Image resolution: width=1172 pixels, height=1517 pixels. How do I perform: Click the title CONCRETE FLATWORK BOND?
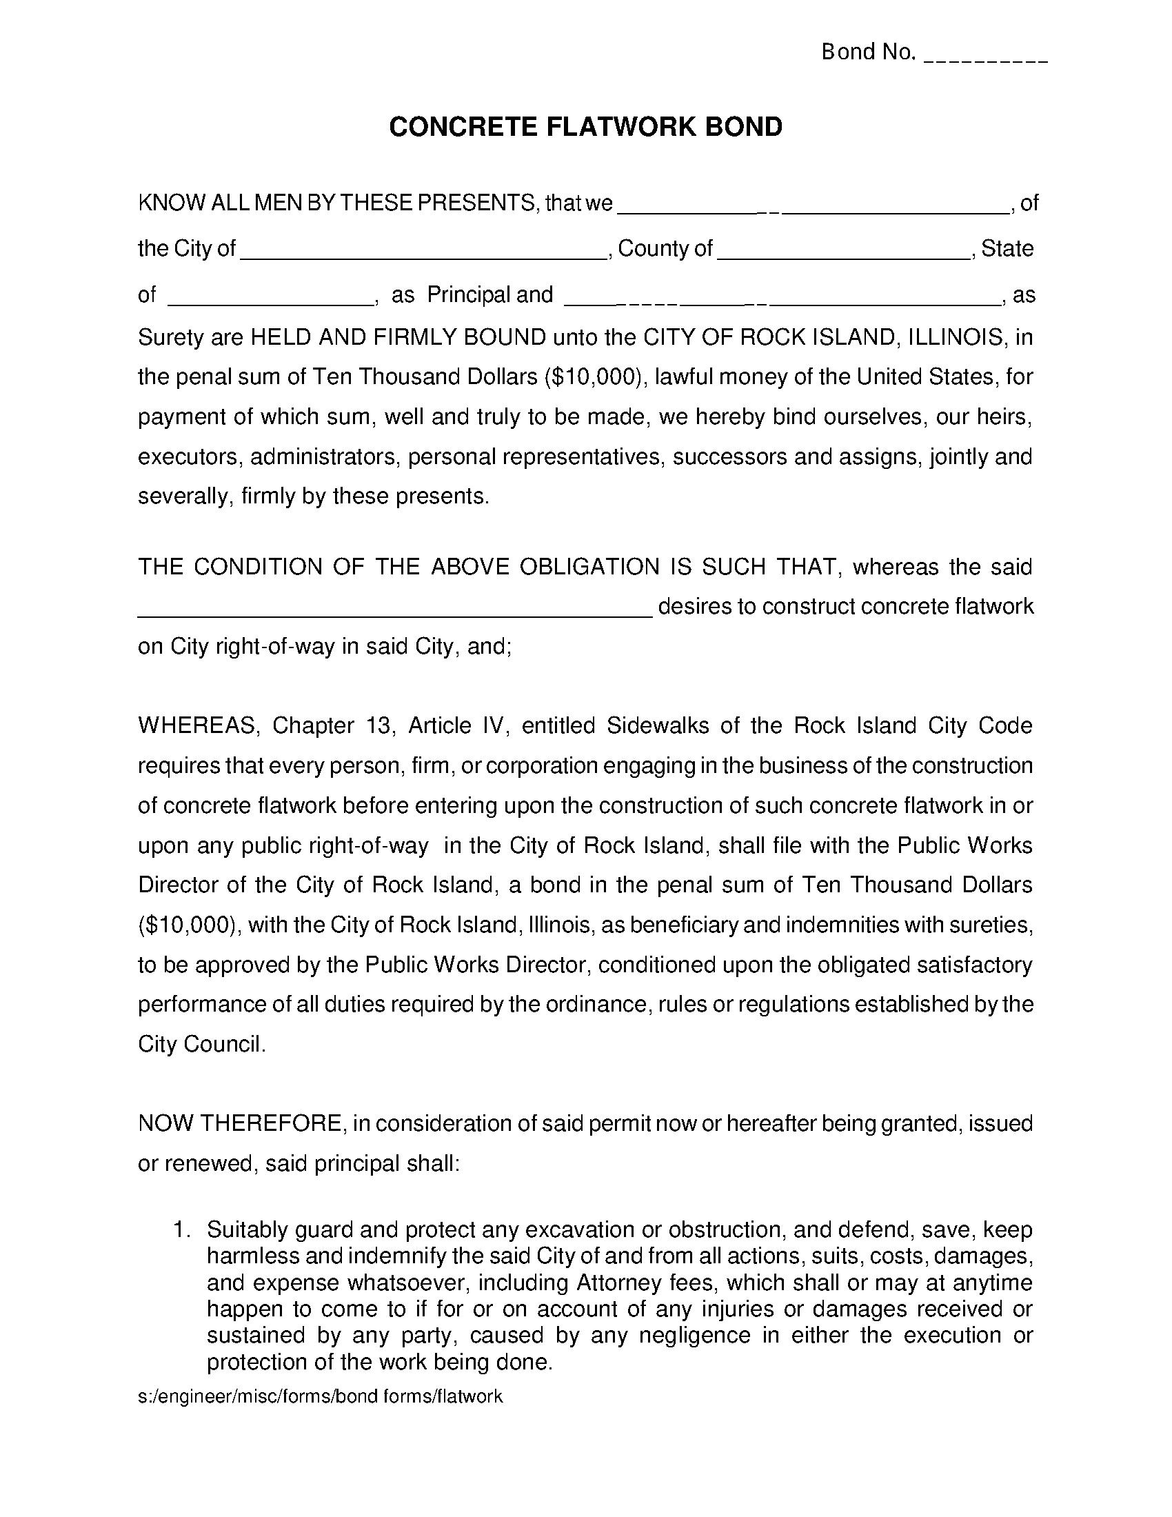585,127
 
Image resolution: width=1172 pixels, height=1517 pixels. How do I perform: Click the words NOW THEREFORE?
240,1123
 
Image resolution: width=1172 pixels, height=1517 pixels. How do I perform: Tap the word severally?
183,496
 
